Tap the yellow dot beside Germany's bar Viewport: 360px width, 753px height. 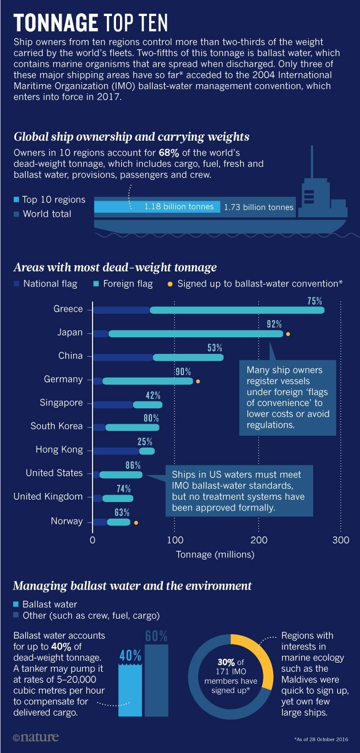(198, 380)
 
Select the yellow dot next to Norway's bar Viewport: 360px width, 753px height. (136, 523)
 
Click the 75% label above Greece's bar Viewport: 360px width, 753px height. (314, 301)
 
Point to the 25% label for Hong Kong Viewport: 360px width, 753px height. (145, 442)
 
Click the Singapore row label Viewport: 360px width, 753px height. (61, 403)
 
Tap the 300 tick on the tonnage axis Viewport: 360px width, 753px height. (341, 540)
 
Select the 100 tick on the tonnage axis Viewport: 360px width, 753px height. (175, 540)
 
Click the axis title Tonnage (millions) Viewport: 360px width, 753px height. (215, 555)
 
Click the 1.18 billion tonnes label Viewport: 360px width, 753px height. (179, 207)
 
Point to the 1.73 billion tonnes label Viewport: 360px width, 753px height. (258, 207)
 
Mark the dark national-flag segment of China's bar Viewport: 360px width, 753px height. (123, 357)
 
